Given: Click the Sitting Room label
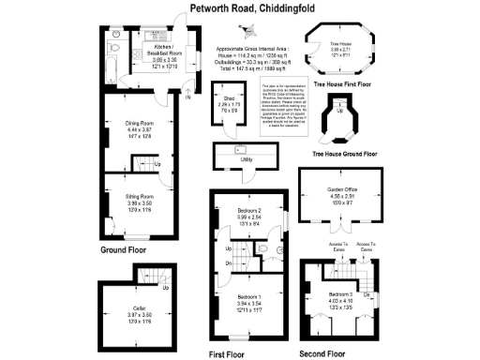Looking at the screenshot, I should coord(140,196).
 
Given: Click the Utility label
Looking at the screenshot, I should coord(247,159).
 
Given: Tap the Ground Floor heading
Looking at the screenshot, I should coord(124,251).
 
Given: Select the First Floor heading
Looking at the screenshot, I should coord(228,353).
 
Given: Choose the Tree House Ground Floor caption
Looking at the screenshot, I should coord(345,153).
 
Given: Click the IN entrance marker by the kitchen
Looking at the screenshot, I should coord(187,96).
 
